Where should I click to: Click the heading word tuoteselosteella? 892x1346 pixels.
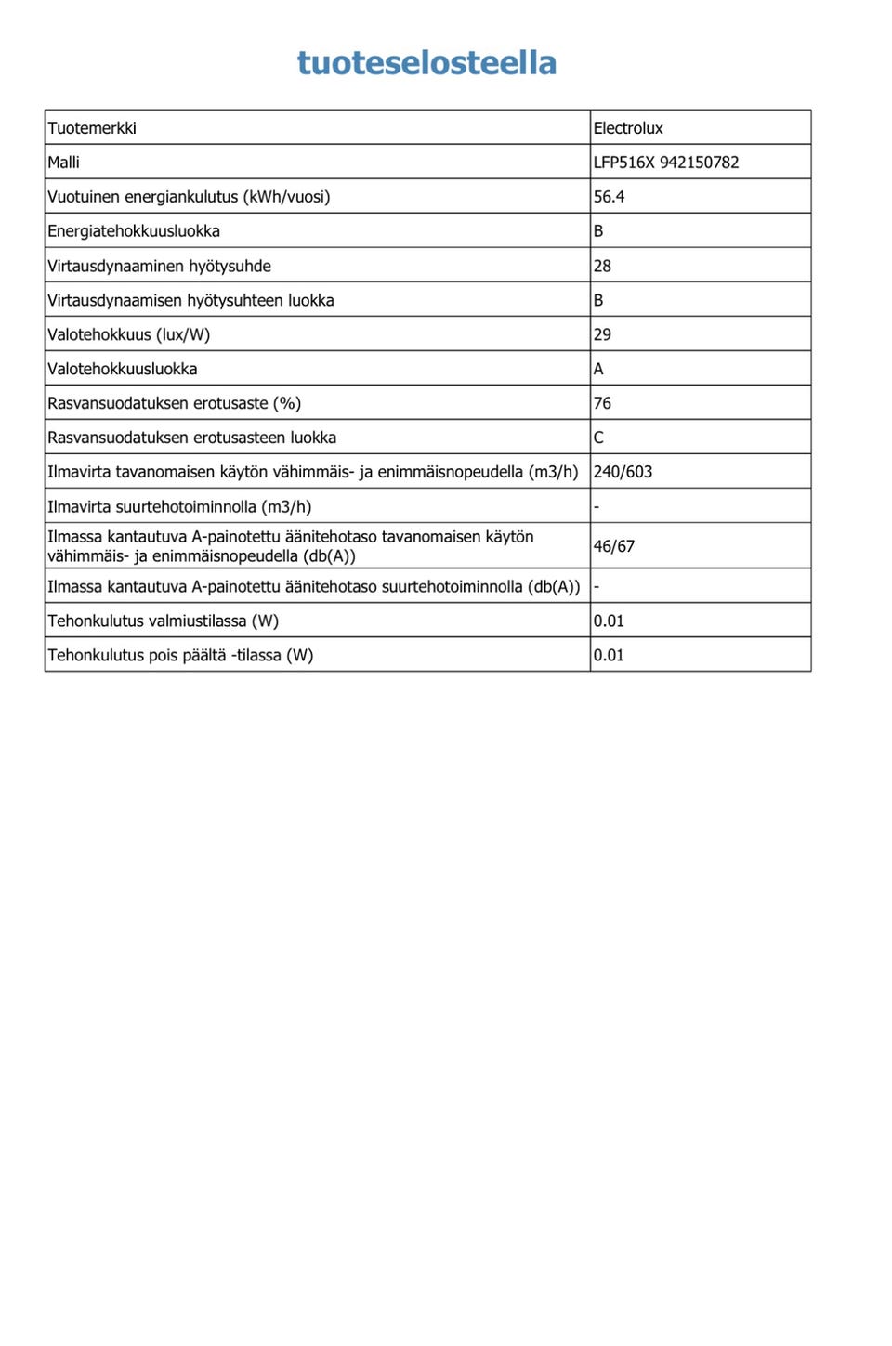click(x=426, y=63)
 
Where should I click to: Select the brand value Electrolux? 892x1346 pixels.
click(x=628, y=128)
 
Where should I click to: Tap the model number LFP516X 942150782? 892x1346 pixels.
click(x=666, y=163)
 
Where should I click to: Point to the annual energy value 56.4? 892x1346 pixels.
click(x=609, y=197)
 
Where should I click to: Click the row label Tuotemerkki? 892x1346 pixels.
click(x=92, y=128)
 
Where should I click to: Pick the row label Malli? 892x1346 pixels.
click(x=63, y=163)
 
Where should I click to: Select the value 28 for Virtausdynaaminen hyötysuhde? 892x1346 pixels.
click(x=602, y=266)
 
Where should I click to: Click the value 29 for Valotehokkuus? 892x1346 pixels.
click(x=602, y=334)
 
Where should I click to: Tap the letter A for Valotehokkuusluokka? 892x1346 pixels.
click(x=598, y=369)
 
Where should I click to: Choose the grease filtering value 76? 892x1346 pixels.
click(x=602, y=403)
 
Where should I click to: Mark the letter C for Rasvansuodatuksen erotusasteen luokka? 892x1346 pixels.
click(x=598, y=438)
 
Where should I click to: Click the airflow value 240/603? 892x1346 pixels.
click(x=623, y=472)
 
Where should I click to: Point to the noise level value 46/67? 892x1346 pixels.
click(x=613, y=546)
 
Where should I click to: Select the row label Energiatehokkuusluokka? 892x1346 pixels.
click(x=134, y=231)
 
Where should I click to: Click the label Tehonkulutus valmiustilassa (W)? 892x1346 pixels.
click(x=163, y=621)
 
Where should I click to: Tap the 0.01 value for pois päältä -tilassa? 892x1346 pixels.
click(x=609, y=655)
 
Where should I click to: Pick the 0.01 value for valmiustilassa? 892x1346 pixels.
click(x=609, y=621)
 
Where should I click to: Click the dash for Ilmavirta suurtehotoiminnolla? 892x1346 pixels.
click(x=597, y=507)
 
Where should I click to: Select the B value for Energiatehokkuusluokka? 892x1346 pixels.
click(x=598, y=231)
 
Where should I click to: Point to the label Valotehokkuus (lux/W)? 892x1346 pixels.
click(x=129, y=334)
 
